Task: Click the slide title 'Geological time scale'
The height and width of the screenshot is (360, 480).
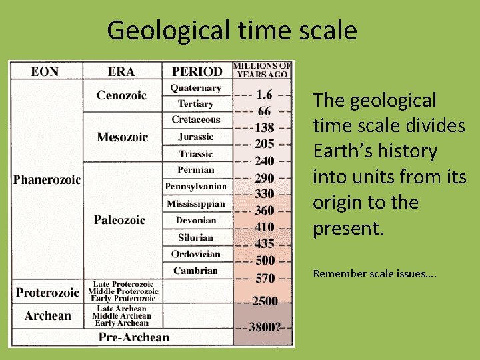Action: click(x=231, y=30)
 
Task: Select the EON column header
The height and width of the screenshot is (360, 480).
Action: click(x=45, y=71)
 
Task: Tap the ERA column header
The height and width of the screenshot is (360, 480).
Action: click(x=121, y=71)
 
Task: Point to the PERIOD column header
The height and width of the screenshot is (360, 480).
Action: click(x=197, y=71)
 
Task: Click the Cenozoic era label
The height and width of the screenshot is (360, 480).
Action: click(x=121, y=95)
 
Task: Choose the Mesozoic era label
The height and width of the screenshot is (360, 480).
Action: click(x=122, y=137)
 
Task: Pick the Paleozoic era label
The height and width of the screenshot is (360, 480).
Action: click(x=120, y=220)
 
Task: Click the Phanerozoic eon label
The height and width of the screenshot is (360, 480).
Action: click(x=47, y=180)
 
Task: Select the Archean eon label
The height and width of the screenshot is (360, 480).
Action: click(x=47, y=315)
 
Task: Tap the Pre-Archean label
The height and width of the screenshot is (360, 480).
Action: click(x=133, y=337)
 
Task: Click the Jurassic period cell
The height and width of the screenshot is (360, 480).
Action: click(x=196, y=137)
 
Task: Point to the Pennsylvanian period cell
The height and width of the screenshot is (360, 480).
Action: click(x=196, y=187)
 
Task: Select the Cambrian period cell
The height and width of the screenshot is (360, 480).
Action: click(x=195, y=270)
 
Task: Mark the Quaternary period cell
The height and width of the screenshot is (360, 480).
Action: click(x=195, y=87)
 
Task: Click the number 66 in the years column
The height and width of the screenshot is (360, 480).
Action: click(x=264, y=111)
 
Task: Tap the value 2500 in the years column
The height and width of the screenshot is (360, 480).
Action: click(x=265, y=301)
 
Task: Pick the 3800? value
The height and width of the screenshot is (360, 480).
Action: click(x=265, y=327)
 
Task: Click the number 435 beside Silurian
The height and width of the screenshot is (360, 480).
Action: click(x=264, y=244)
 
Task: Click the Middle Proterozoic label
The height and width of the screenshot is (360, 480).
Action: click(x=126, y=291)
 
